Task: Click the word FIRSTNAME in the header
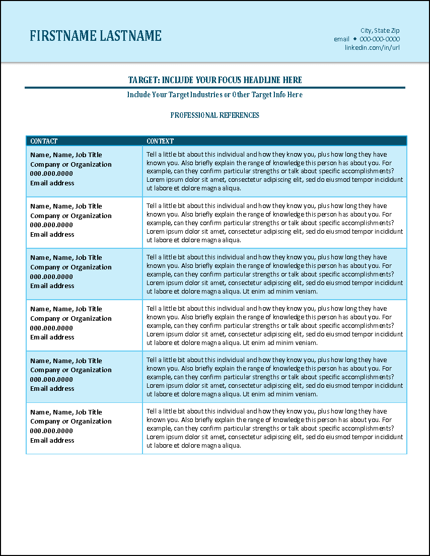pyautogui.click(x=63, y=36)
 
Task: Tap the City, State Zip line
pyautogui.click(x=380, y=31)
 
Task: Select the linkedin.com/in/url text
pyautogui.click(x=372, y=47)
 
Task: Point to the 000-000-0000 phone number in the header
pyautogui.click(x=380, y=39)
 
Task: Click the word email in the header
pyautogui.click(x=341, y=39)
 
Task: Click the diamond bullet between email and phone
pyautogui.click(x=354, y=39)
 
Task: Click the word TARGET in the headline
pyautogui.click(x=144, y=80)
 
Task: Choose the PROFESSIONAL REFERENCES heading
pyautogui.click(x=215, y=115)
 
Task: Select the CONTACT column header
pyautogui.click(x=44, y=141)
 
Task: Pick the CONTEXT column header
pyautogui.click(x=160, y=141)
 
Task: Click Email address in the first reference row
pyautogui.click(x=52, y=183)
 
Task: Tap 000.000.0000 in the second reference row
pyautogui.click(x=51, y=225)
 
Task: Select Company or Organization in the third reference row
pyautogui.click(x=71, y=267)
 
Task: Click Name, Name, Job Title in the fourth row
pyautogui.click(x=66, y=309)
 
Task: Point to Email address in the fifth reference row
pyautogui.click(x=52, y=389)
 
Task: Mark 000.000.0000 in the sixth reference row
pyautogui.click(x=51, y=431)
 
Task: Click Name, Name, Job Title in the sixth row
pyautogui.click(x=66, y=412)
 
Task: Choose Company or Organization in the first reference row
pyautogui.click(x=71, y=165)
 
